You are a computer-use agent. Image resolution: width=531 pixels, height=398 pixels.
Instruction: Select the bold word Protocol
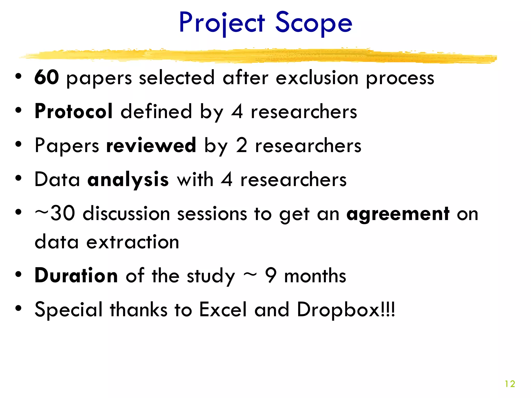pos(74,111)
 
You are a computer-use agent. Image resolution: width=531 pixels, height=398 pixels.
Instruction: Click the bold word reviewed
pos(151,145)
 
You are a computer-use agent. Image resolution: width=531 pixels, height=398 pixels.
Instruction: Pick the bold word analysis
pos(128,180)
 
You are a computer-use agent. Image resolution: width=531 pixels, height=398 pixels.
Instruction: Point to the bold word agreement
pos(398,214)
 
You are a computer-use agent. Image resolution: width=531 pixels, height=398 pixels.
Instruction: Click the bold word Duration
pos(76,275)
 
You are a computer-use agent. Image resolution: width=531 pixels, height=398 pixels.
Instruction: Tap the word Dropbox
pos(338,309)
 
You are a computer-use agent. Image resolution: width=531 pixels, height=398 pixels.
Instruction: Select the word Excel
pos(223,309)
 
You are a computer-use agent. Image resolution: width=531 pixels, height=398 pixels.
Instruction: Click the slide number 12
pos(510,384)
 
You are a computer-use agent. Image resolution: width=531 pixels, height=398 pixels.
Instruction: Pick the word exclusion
pos(317,78)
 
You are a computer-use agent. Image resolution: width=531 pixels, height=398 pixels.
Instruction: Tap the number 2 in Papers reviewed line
pos(241,145)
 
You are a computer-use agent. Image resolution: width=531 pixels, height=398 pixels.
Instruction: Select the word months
pos(315,275)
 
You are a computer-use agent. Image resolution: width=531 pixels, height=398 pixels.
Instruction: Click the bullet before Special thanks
pos(18,308)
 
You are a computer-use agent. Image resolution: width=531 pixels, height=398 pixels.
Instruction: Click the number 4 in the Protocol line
pos(237,112)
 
